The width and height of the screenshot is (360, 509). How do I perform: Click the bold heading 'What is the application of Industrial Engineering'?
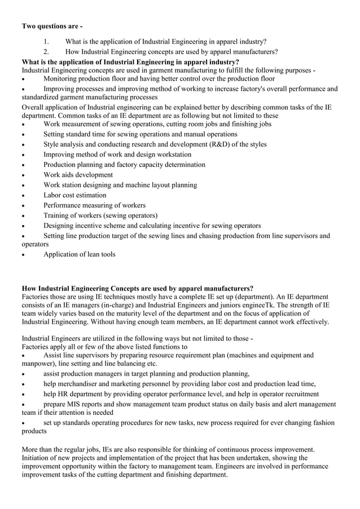click(x=130, y=62)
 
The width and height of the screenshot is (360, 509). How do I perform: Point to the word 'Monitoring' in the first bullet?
click(x=62, y=79)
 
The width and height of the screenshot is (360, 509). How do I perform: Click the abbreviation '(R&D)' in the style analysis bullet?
click(x=222, y=144)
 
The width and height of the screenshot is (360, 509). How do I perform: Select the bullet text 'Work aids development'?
click(x=78, y=175)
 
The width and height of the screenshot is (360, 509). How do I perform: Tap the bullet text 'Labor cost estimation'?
click(x=74, y=195)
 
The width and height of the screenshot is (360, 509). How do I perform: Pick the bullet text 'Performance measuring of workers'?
click(x=94, y=205)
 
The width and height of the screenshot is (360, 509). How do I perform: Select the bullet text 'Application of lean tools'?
click(x=80, y=254)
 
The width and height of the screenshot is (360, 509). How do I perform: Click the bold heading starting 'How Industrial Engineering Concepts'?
click(x=137, y=288)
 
